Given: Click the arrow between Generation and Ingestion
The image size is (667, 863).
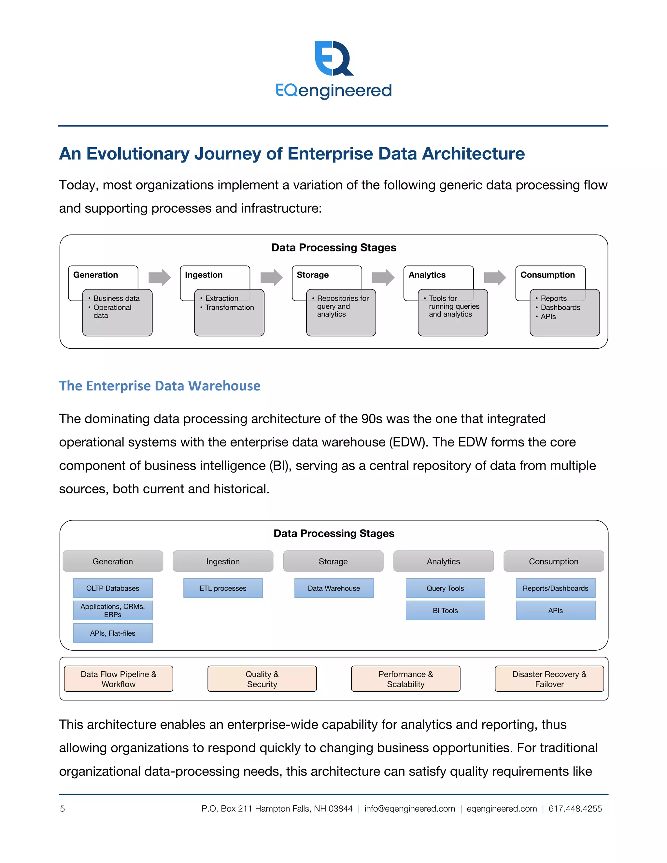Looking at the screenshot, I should (x=159, y=277).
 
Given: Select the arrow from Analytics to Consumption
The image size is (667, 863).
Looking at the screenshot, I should (x=495, y=277).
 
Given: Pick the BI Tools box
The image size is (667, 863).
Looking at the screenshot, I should (x=445, y=611).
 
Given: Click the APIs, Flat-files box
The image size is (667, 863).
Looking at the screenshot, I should (x=113, y=633).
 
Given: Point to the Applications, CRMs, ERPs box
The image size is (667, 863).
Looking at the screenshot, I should (x=113, y=611).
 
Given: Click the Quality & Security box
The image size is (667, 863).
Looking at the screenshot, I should (x=262, y=679).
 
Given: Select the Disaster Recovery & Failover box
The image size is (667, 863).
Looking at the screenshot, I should (x=549, y=679).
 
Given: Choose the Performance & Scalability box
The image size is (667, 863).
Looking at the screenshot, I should (x=405, y=679).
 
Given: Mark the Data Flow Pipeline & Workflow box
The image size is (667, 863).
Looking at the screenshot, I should (x=118, y=679).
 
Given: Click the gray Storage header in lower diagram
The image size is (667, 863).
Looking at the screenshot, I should (x=333, y=561).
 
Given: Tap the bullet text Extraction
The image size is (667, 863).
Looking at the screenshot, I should (x=222, y=298).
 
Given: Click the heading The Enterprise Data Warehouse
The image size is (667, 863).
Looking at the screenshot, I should (x=160, y=386).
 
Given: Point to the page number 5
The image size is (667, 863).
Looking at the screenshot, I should (x=63, y=809).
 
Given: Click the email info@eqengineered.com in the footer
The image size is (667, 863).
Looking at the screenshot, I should (x=409, y=809).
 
